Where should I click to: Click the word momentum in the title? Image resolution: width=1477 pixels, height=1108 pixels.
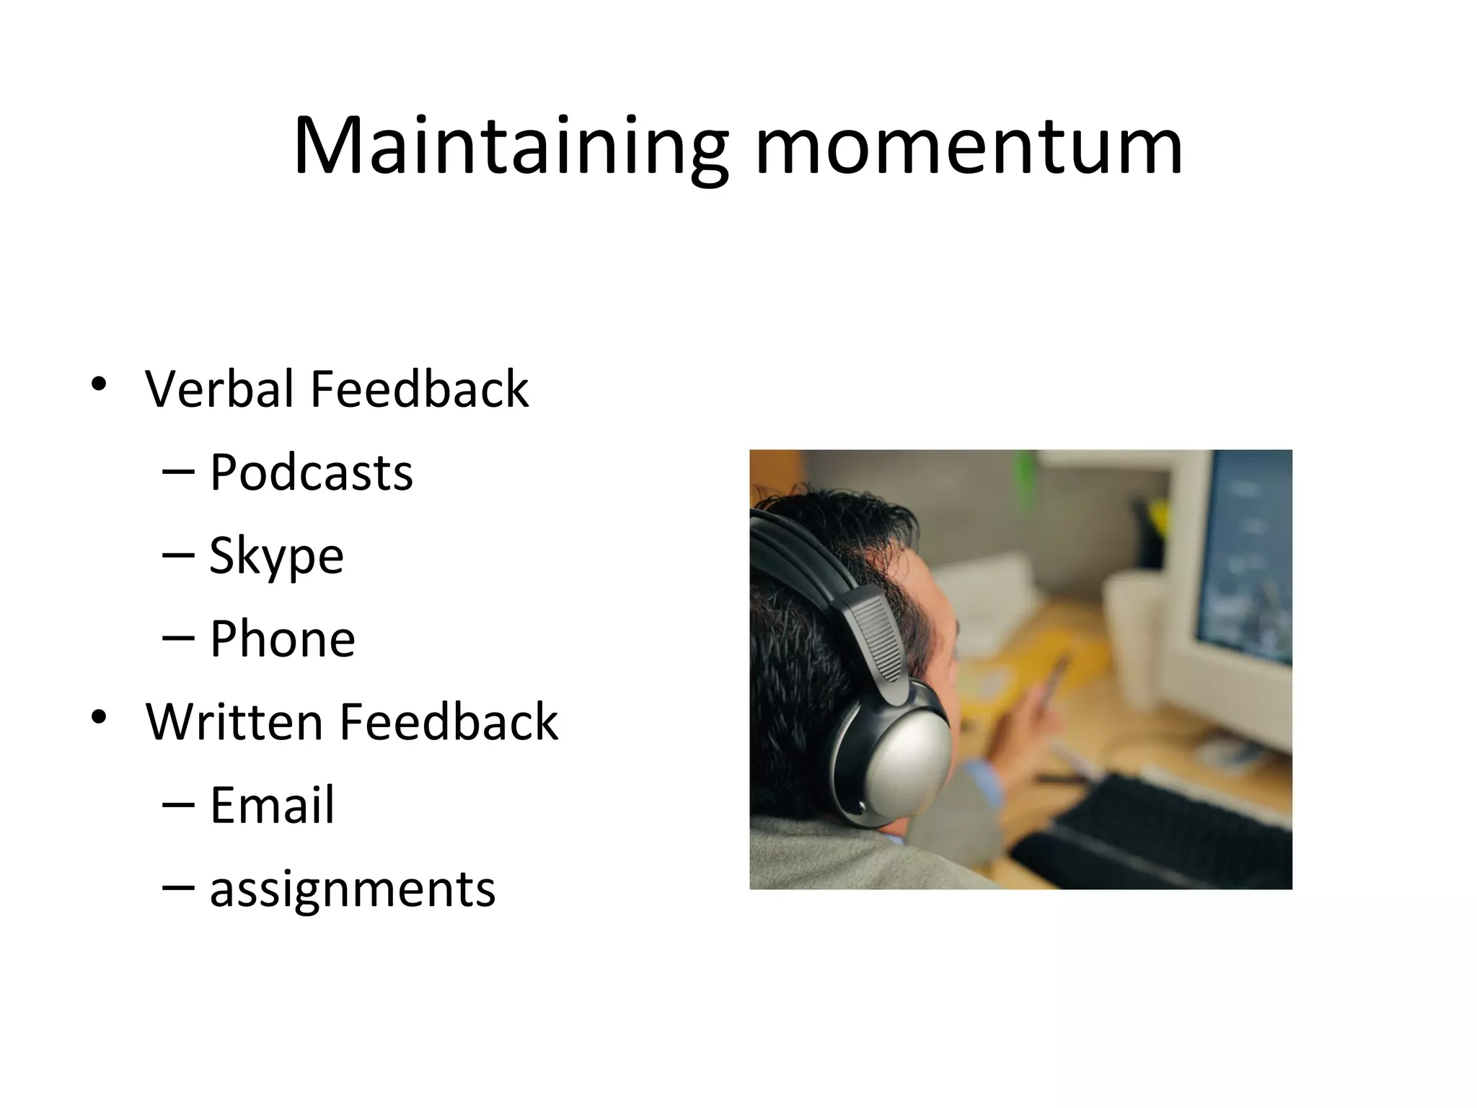(968, 148)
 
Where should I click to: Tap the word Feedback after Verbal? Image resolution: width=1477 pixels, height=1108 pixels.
(419, 390)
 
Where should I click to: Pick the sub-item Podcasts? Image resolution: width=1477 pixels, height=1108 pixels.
(311, 473)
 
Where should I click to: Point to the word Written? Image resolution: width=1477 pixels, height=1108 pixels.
(234, 722)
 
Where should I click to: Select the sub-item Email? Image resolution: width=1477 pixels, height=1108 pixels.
(272, 806)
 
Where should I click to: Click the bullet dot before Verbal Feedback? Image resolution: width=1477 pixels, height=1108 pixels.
(99, 384)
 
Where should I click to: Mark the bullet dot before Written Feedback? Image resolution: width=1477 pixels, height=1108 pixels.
(99, 716)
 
